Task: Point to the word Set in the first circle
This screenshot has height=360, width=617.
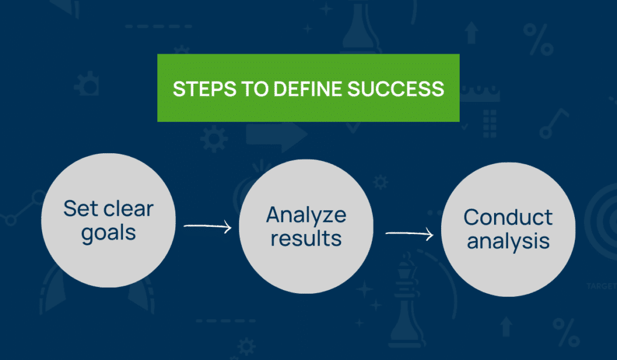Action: click(x=80, y=209)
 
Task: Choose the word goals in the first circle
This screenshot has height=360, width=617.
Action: click(x=108, y=233)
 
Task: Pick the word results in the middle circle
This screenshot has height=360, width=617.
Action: click(x=306, y=238)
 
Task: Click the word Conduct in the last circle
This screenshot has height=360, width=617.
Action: click(x=508, y=217)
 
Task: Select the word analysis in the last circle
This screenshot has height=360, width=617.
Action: click(x=508, y=241)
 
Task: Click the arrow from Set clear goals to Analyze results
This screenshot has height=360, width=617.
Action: click(x=207, y=227)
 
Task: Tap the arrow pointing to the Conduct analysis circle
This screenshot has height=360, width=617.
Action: click(x=409, y=233)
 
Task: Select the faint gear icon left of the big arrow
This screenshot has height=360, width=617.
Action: click(x=213, y=139)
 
